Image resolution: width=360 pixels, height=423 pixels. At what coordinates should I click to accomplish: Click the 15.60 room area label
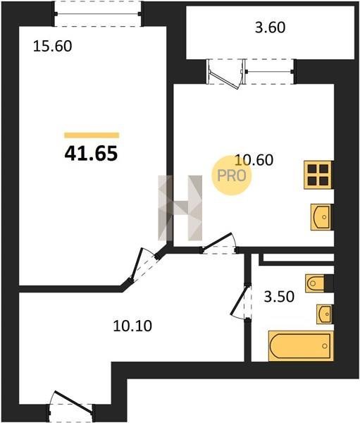point(52,46)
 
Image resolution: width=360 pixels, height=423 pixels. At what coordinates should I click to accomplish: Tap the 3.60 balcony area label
point(271,27)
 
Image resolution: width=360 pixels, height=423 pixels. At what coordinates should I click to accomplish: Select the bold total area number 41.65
point(91,153)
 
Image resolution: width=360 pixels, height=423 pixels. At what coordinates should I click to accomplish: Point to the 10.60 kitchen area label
point(254,159)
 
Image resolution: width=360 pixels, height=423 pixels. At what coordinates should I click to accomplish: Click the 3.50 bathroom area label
point(279,297)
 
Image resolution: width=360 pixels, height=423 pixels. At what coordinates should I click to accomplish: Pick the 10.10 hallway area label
point(132,326)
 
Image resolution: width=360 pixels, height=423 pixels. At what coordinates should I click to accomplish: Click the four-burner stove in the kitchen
point(318,175)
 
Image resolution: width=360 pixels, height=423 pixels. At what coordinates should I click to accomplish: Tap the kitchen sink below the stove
point(321,217)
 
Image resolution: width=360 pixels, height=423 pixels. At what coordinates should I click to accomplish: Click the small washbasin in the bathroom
point(325,314)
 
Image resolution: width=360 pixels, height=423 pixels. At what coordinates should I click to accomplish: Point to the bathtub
point(300,346)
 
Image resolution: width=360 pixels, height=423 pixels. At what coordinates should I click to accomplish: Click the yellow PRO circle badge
point(232,176)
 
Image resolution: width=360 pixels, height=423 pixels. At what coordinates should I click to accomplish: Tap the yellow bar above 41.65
point(92,135)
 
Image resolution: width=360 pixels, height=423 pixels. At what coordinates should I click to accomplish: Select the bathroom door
point(242,301)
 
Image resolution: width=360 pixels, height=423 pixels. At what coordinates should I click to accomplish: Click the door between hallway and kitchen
point(218,243)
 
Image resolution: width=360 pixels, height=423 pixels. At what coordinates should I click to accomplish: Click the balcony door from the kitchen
point(225,73)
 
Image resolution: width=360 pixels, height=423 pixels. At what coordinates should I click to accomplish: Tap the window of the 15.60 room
point(98,14)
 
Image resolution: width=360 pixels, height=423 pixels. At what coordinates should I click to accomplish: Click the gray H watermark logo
point(180,208)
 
